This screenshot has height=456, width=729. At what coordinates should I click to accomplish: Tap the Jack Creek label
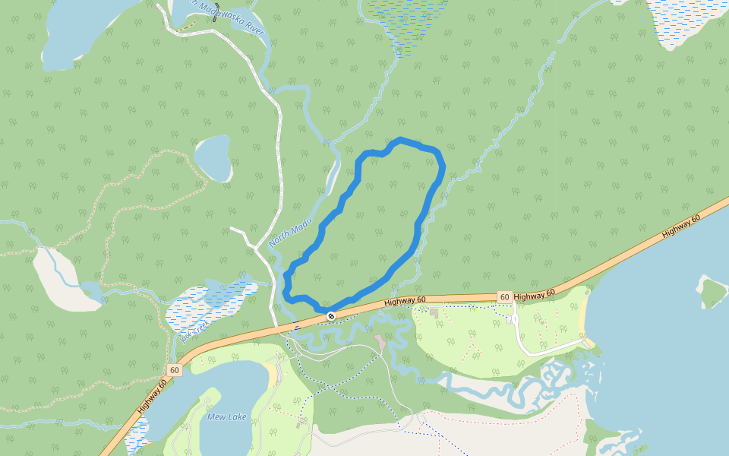(x=195, y=329)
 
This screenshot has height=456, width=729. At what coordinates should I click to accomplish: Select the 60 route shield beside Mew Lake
(x=175, y=370)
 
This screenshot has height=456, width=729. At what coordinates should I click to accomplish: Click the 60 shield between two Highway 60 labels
(x=504, y=296)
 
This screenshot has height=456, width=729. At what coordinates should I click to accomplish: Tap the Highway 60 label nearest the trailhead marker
(x=405, y=302)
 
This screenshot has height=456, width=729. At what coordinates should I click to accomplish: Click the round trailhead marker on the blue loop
(x=331, y=315)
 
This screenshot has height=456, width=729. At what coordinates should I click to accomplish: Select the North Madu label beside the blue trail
(x=290, y=233)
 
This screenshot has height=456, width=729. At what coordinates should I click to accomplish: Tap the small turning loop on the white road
(x=516, y=319)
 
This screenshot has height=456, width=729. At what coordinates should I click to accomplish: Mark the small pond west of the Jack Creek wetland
(x=90, y=291)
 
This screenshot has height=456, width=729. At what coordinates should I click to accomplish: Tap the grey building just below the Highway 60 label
(x=434, y=312)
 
